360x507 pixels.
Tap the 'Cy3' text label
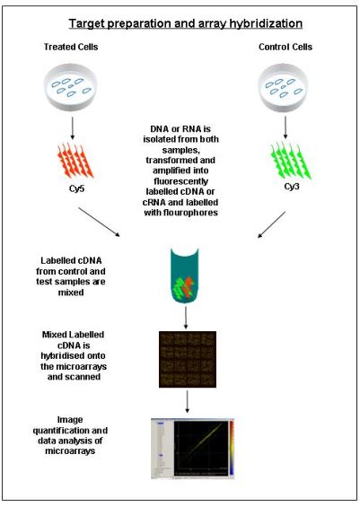click(x=289, y=190)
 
